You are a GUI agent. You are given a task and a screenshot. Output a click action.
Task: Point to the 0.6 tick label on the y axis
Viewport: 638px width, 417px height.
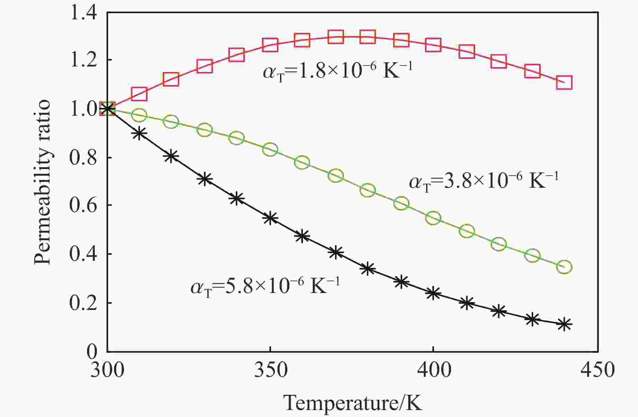pos(83,205)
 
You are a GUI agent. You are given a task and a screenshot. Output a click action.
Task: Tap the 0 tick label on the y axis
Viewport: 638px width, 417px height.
pos(92,351)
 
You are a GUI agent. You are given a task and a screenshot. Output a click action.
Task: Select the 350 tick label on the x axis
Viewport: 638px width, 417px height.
pos(270,370)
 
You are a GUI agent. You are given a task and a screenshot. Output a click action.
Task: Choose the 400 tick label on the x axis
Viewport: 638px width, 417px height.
pos(433,370)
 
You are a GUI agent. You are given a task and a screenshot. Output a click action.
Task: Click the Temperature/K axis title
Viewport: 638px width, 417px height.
pos(353,403)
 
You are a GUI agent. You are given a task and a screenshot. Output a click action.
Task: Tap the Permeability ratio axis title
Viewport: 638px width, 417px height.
pos(43,182)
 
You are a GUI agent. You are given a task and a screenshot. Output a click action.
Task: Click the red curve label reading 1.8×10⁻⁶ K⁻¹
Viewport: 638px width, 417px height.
pos(338,71)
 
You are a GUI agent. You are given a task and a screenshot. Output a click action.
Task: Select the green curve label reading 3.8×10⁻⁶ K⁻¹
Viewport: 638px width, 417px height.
pos(484,181)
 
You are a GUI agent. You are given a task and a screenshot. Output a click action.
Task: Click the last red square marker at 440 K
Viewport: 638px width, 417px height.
pos(564,83)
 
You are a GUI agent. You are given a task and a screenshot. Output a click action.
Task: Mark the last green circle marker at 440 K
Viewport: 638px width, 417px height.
pos(564,267)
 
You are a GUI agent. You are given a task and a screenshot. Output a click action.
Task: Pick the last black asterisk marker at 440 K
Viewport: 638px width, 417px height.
pos(564,325)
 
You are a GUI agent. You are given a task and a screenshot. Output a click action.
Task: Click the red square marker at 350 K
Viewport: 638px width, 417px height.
pos(270,45)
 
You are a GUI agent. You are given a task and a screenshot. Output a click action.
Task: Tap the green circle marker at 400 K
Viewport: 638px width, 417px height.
pos(433,218)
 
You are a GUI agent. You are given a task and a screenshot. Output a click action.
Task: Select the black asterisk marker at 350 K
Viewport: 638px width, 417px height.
pos(270,218)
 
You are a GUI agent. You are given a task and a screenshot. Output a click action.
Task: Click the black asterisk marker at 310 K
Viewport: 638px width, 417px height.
pos(139,133)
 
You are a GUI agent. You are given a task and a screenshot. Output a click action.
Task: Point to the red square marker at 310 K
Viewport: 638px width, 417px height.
pos(139,94)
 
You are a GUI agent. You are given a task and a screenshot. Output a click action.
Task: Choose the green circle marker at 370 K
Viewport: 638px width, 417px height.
pos(335,176)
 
